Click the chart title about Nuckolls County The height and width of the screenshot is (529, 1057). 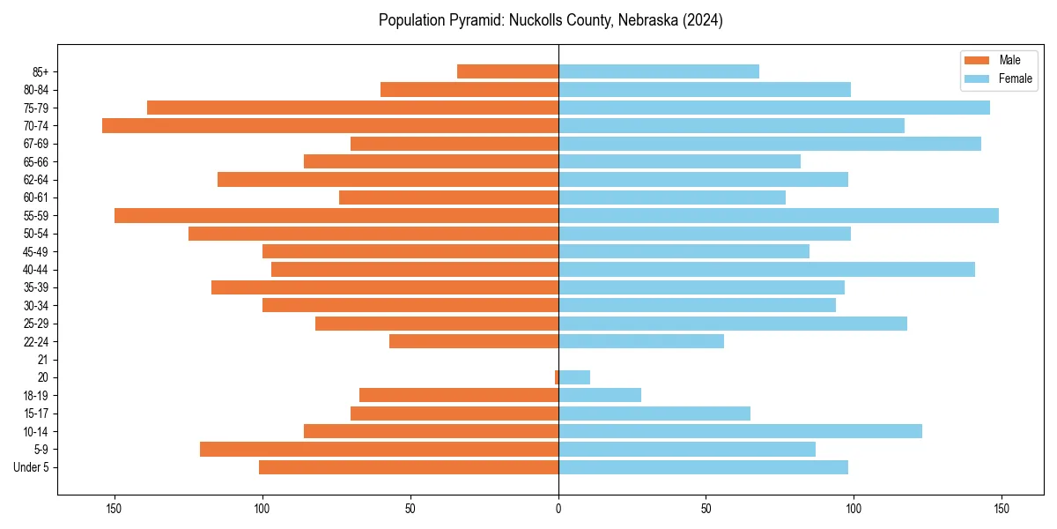coord(551,20)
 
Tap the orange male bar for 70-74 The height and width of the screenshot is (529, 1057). coord(330,125)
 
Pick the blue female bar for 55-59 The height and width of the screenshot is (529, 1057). coord(779,215)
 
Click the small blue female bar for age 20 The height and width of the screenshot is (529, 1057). coord(574,377)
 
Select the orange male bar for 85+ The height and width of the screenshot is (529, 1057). coord(507,71)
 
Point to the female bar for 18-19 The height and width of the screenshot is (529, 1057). coord(600,395)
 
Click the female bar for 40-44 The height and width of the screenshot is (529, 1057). coord(766,269)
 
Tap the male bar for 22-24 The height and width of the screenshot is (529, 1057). coord(474,341)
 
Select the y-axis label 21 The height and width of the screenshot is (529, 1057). coord(43,360)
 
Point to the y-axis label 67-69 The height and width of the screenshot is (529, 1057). coord(37,144)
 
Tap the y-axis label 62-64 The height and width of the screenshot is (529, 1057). coord(37,180)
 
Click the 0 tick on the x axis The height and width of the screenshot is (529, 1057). coord(558,509)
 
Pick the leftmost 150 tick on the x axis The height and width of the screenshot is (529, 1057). coord(115,509)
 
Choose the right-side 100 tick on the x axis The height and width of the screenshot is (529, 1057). coord(854,509)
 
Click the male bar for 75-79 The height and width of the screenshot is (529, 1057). coord(352,108)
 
